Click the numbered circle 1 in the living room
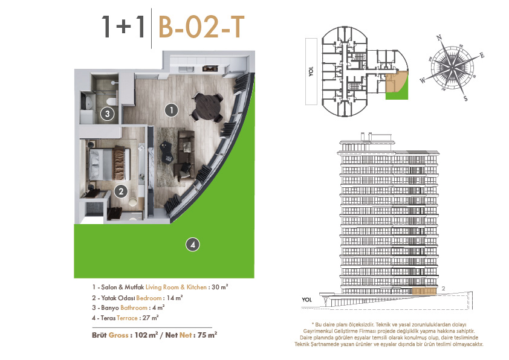(172, 111)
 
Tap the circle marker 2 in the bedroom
(121, 191)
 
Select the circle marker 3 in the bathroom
(108, 114)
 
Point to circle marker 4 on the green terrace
(192, 245)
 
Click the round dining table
(208, 106)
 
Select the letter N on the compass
(439, 37)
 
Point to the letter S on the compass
(465, 98)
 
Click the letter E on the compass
(482, 55)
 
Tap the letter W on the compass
(423, 80)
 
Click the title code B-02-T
(201, 27)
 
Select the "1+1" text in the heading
(123, 27)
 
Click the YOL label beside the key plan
(311, 71)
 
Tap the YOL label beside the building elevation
(306, 300)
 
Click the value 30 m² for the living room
(220, 287)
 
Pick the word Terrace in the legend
(127, 318)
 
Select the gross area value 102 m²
(146, 335)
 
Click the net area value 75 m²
(207, 335)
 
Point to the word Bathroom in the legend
(134, 308)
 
